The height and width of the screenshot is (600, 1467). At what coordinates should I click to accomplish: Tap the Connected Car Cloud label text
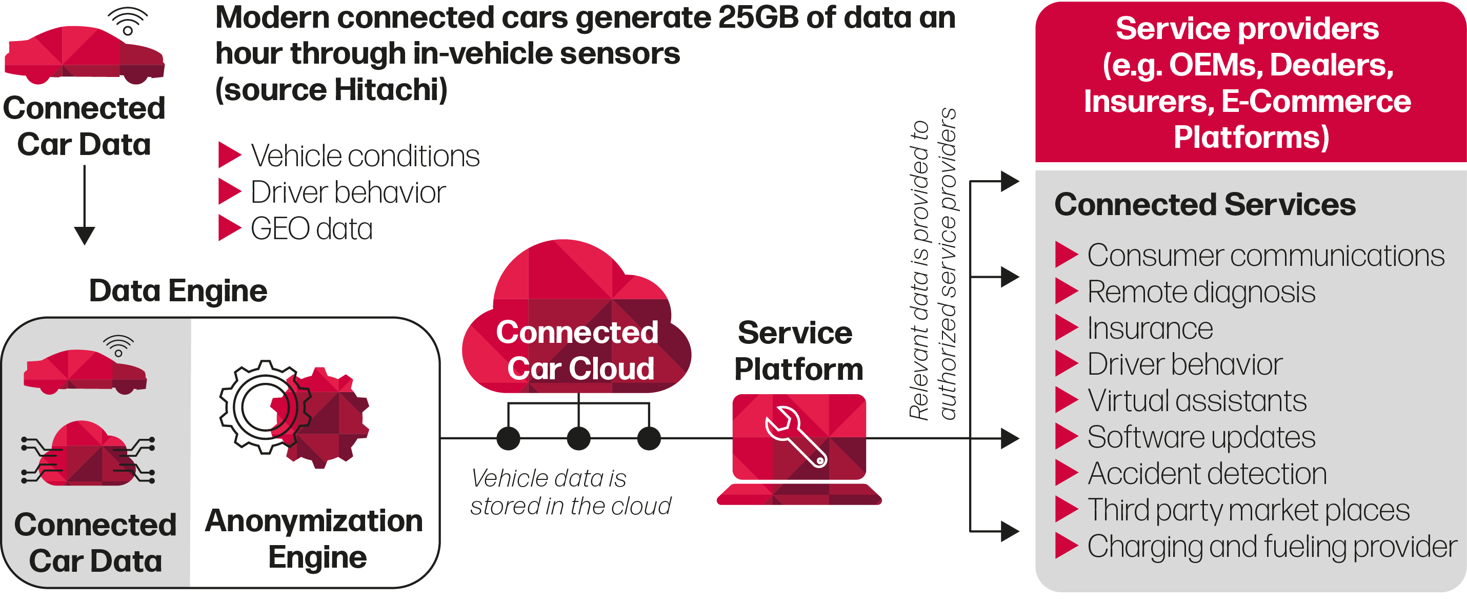(577, 351)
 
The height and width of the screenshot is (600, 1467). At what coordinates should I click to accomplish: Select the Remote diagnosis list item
(1200, 293)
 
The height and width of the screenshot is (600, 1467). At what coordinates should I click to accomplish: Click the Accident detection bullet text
(1206, 474)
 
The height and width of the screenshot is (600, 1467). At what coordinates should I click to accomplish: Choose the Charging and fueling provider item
(1271, 547)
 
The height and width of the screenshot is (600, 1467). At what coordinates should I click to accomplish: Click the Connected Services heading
(1204, 205)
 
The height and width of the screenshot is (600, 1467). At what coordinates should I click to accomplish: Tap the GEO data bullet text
(312, 229)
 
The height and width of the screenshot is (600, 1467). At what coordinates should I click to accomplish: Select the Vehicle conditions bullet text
(365, 156)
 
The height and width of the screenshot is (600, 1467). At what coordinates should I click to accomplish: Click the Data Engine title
(178, 291)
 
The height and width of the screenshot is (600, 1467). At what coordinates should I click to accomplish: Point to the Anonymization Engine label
(314, 538)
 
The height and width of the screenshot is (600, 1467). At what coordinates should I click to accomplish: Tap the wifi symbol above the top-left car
(128, 22)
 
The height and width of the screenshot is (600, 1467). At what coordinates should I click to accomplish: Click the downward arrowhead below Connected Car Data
(84, 235)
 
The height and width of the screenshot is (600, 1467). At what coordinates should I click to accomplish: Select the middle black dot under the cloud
(578, 439)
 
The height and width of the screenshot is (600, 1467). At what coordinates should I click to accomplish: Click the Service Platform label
(797, 351)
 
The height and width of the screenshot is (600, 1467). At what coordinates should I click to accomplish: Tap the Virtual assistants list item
(1196, 401)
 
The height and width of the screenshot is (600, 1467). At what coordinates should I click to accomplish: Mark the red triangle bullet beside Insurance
(1066, 327)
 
